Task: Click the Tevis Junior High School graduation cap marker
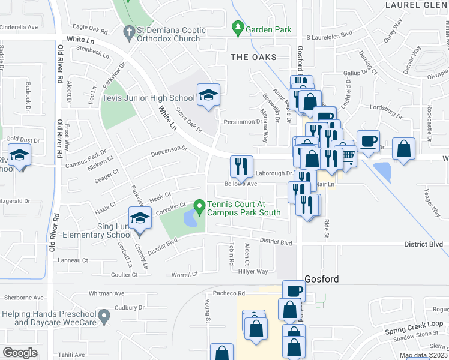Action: tap(208, 95)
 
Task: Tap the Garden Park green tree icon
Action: tap(238, 28)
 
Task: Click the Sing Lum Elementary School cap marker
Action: tap(140, 217)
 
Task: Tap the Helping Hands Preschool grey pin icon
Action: tap(104, 314)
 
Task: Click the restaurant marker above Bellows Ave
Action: tap(241, 166)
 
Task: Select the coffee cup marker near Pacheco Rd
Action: tap(293, 291)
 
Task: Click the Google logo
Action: tap(20, 352)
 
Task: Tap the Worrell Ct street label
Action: tap(185, 274)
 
